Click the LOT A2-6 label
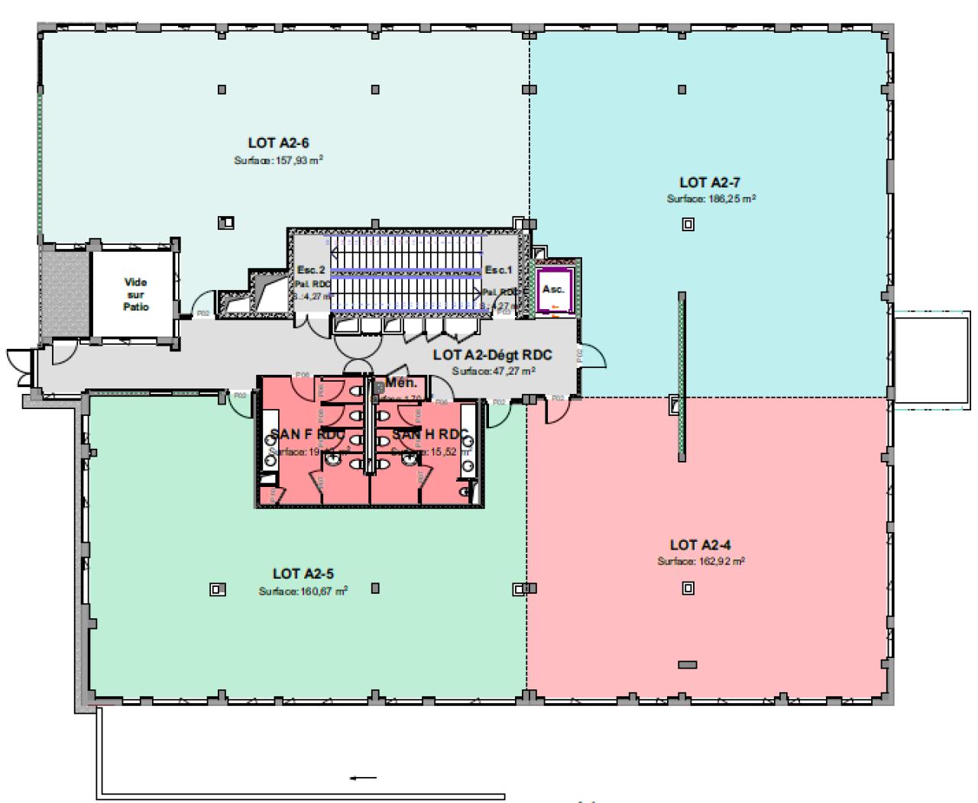point(277,143)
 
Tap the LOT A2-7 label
point(710,182)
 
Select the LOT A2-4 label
point(701,545)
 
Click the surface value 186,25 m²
point(711,198)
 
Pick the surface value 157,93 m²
point(279,160)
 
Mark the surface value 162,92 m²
point(701,561)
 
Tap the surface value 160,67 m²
point(303,591)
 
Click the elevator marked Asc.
point(553,289)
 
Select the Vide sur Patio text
point(136,294)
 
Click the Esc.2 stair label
point(311,270)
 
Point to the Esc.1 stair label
point(497,270)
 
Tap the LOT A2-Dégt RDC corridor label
point(492,355)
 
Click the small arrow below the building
point(364,778)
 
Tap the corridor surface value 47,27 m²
point(493,371)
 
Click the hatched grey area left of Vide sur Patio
point(64,293)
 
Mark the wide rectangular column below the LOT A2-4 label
point(688,664)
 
